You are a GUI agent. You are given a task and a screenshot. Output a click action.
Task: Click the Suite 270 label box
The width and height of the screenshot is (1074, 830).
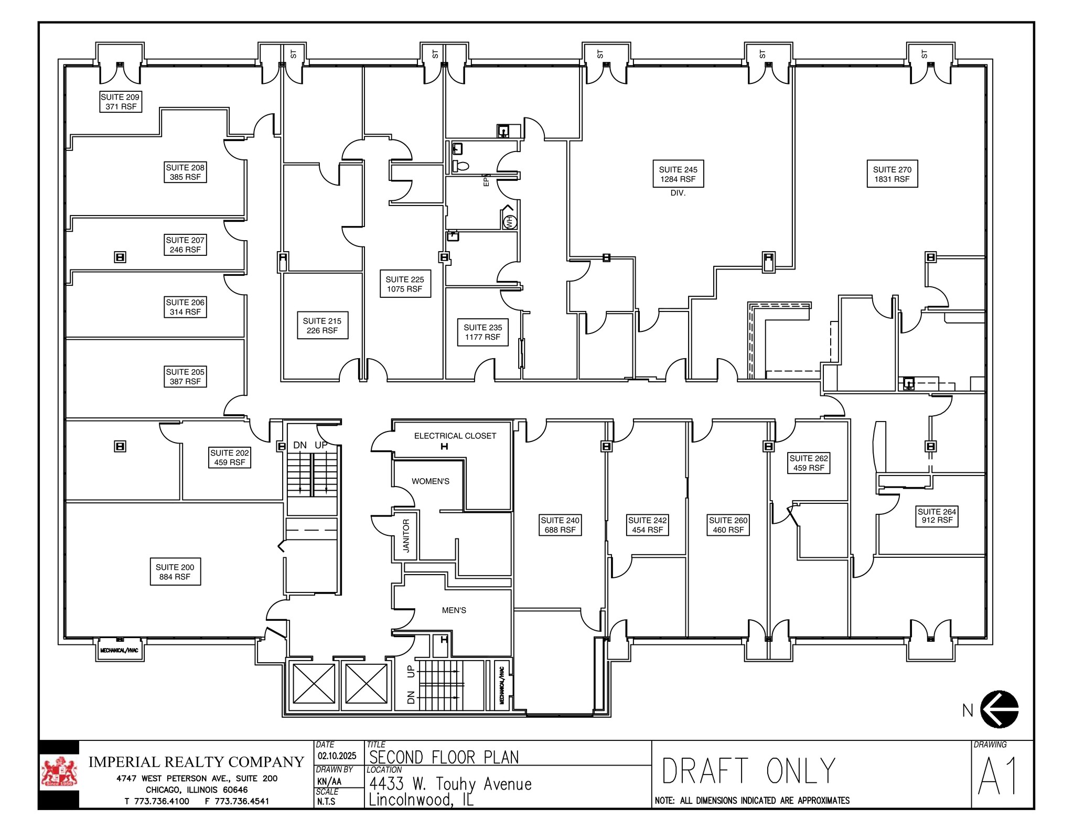point(892,174)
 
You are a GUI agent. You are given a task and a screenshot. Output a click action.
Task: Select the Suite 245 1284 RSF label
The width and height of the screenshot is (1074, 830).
point(678,174)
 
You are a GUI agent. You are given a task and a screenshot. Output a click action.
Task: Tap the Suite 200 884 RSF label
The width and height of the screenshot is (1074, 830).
point(175,572)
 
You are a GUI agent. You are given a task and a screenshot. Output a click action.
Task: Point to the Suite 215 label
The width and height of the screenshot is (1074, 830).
point(322,325)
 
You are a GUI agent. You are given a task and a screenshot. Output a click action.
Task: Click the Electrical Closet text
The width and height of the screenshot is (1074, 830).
point(455,436)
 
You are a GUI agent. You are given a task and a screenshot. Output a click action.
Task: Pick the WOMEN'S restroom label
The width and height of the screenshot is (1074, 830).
point(430,481)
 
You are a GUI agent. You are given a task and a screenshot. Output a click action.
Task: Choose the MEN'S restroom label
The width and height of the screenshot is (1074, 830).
point(454,610)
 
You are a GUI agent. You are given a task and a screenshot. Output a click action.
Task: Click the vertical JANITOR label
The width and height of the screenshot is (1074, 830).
point(406,536)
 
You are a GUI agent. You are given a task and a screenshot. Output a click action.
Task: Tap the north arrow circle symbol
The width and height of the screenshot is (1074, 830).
point(999,709)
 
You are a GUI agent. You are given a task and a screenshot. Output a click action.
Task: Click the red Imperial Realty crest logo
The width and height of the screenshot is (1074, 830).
point(59,773)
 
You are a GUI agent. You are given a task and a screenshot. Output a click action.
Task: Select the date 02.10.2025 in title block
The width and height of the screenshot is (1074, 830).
point(337,756)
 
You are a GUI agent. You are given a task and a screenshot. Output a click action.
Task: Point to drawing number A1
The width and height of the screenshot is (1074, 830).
point(998,776)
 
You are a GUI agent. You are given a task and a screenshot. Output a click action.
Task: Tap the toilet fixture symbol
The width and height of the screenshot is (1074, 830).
point(461,167)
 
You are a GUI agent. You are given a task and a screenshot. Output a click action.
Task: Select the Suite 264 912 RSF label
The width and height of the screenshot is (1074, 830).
point(937,516)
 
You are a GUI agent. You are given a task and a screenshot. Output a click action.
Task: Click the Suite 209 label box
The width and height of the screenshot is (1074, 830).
point(121,102)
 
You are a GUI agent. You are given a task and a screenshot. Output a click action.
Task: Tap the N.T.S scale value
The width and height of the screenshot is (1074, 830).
point(326,802)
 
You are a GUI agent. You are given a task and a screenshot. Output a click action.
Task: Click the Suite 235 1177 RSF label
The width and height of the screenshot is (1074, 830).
point(482,332)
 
